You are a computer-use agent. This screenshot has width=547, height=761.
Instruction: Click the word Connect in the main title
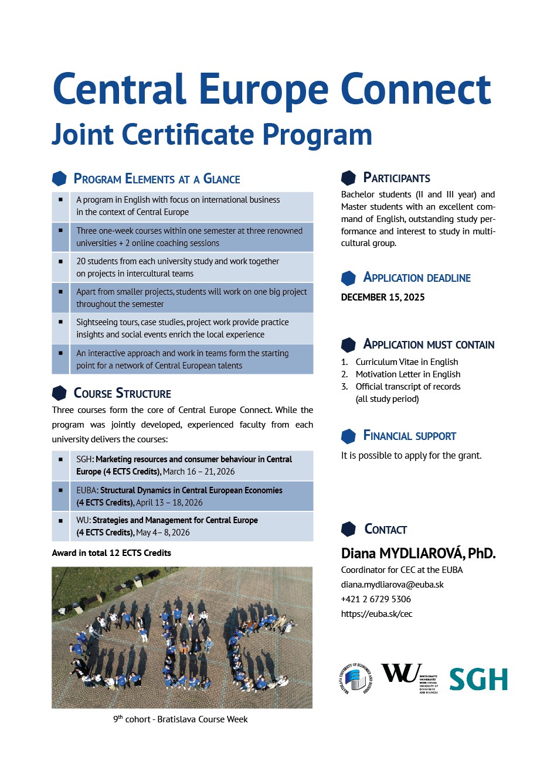[x=415, y=90]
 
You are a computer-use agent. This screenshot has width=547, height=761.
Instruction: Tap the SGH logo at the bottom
[x=478, y=680]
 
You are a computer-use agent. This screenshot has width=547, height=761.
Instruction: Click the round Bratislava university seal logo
[x=355, y=680]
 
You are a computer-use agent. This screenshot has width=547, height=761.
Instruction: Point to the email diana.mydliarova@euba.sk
[x=392, y=585]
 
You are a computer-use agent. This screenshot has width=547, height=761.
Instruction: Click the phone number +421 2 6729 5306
[x=376, y=599]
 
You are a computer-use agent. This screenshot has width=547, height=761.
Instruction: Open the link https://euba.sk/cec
[x=376, y=614]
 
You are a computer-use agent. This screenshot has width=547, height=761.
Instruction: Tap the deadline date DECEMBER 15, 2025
[x=383, y=297]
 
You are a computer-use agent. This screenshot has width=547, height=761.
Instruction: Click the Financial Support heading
[x=409, y=436]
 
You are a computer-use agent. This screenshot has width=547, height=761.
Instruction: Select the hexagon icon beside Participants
[x=348, y=178]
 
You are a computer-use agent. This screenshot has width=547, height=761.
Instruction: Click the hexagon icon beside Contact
[x=348, y=529]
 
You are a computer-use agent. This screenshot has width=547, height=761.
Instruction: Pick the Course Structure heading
[x=122, y=394]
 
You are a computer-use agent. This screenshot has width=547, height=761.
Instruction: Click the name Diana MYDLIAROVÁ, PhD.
[x=418, y=553]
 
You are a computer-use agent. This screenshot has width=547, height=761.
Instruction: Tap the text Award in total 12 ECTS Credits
[x=111, y=553]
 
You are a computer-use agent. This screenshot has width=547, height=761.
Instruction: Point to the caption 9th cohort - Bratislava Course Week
[x=181, y=719]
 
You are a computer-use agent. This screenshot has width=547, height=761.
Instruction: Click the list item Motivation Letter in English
[x=407, y=374]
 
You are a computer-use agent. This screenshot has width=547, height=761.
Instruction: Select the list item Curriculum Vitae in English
[x=406, y=362]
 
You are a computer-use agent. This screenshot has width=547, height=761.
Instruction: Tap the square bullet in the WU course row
[x=60, y=520]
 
